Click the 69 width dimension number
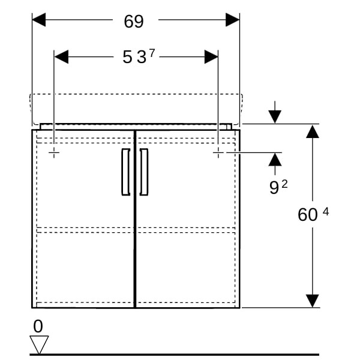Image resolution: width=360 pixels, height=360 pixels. pyautogui.click(x=134, y=22)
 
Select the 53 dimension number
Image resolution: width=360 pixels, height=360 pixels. pyautogui.click(x=134, y=57)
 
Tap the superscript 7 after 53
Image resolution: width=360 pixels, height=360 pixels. pyautogui.click(x=152, y=54)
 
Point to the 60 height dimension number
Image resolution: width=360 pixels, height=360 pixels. pyautogui.click(x=308, y=215)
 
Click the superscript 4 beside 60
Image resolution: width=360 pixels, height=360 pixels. pyautogui.click(x=326, y=211)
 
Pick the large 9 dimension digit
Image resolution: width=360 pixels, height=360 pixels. pyautogui.click(x=274, y=187)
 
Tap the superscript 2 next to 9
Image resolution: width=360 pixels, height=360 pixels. pyautogui.click(x=284, y=184)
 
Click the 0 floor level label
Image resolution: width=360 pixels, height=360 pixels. pyautogui.click(x=38, y=326)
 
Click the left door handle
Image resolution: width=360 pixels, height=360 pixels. pyautogui.click(x=125, y=172)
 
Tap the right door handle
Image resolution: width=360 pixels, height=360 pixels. pyautogui.click(x=144, y=172)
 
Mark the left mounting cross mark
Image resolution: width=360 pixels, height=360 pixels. pyautogui.click(x=54, y=152)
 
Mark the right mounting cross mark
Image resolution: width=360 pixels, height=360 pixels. pyautogui.click(x=218, y=152)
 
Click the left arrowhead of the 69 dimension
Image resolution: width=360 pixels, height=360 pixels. pyautogui.click(x=39, y=20)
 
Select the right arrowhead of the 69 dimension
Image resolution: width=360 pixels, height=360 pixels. pyautogui.click(x=233, y=20)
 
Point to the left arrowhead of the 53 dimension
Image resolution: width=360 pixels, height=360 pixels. pyautogui.click(x=61, y=57)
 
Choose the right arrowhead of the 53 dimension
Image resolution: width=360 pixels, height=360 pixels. pyautogui.click(x=211, y=57)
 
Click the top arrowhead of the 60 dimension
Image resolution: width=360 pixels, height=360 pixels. pyautogui.click(x=313, y=131)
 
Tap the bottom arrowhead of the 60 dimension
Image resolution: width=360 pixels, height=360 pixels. pyautogui.click(x=313, y=301)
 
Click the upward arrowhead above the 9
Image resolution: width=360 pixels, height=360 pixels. pyautogui.click(x=275, y=160)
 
